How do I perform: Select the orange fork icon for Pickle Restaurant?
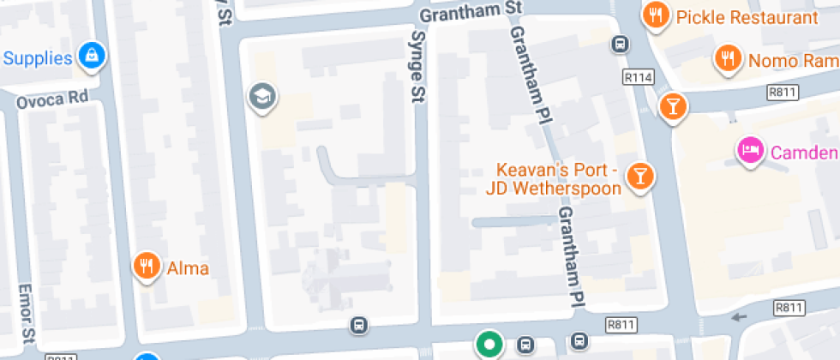(x=657, y=15)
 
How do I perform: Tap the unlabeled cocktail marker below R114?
(x=673, y=105)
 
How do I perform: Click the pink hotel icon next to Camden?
(x=750, y=151)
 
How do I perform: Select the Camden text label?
(x=804, y=153)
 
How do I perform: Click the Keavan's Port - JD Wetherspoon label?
(x=553, y=178)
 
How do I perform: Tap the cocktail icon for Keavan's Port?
(x=639, y=176)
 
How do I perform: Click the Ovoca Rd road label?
(x=52, y=99)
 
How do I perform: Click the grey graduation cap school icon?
(x=261, y=97)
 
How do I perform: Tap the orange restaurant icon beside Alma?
(x=147, y=266)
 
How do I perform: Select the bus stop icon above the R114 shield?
(x=619, y=44)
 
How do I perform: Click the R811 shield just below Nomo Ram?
(x=784, y=92)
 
